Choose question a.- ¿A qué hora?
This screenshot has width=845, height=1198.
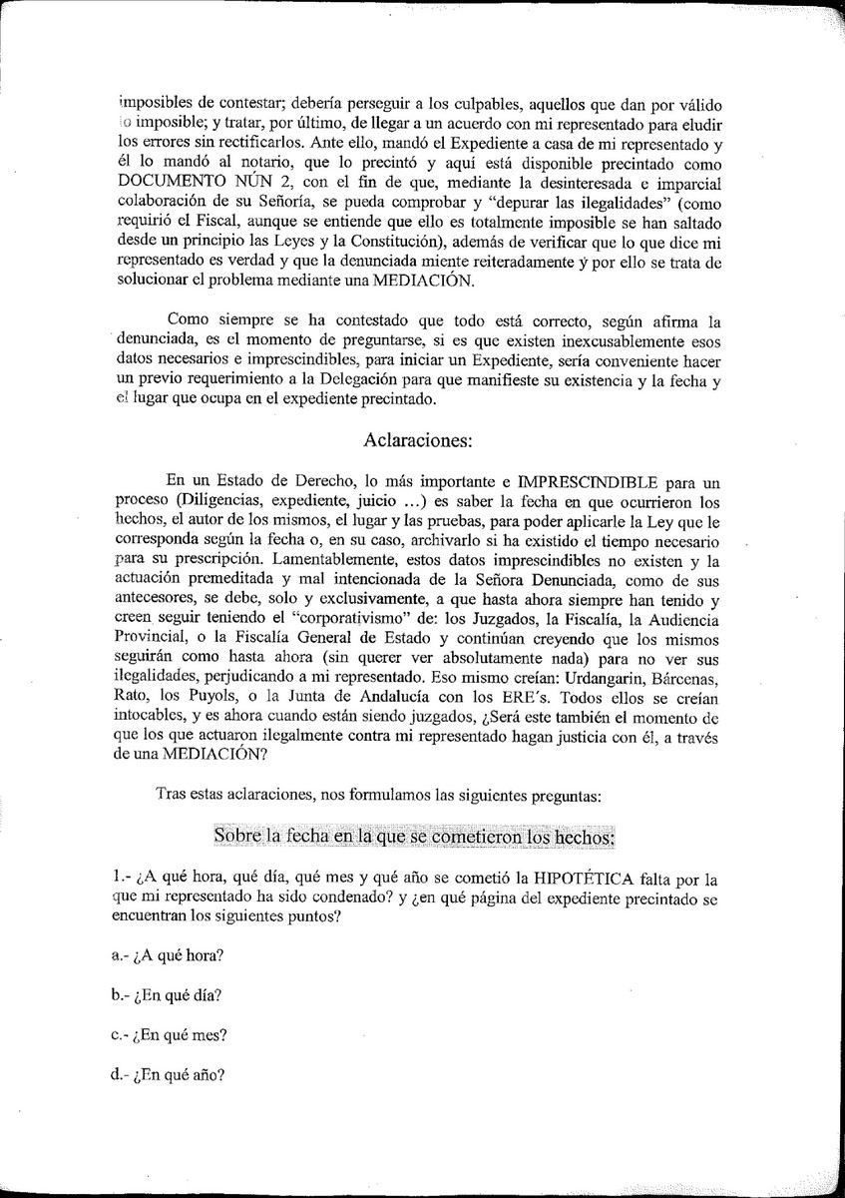(168, 954)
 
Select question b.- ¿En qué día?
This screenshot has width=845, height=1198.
(167, 995)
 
